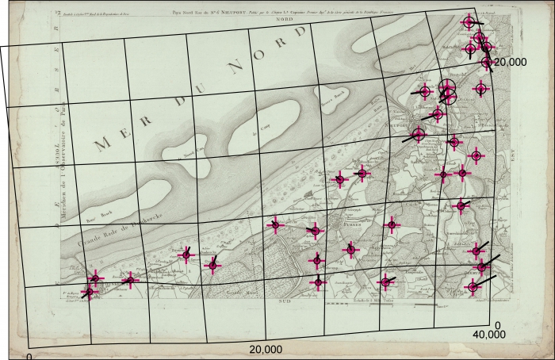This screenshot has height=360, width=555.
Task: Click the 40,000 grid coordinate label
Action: (x=488, y=335)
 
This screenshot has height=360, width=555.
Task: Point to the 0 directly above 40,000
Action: (x=497, y=325)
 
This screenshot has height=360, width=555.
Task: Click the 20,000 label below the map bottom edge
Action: (x=266, y=350)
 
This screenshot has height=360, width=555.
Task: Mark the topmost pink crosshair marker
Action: (x=469, y=22)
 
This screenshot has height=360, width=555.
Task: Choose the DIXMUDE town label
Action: (x=474, y=270)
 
